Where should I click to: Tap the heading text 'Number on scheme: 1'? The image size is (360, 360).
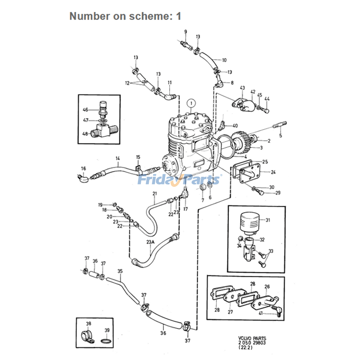[x=125, y=16]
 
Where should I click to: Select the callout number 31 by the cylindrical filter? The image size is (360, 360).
[x=268, y=220]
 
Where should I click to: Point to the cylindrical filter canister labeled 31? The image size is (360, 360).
[x=248, y=222]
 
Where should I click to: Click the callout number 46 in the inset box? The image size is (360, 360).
[x=85, y=110]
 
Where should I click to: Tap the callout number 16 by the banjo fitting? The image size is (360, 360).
[x=83, y=168]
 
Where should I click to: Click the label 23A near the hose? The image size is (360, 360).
[x=150, y=242]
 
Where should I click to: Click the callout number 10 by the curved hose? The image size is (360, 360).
[x=224, y=60]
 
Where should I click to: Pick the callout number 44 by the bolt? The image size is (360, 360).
[x=267, y=99]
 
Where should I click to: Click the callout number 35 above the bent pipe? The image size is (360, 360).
[x=120, y=271]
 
